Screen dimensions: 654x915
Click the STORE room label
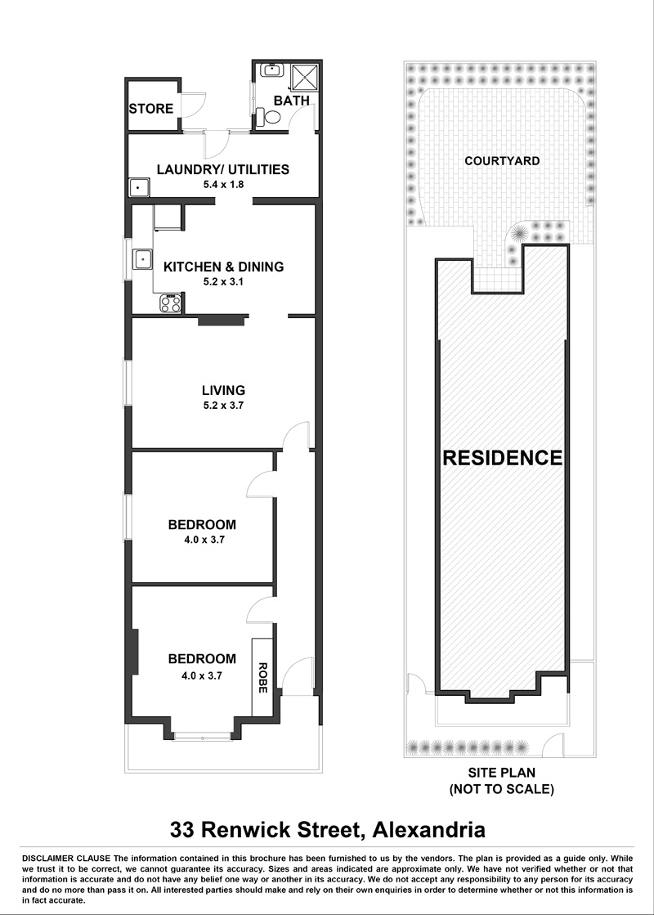point(151,109)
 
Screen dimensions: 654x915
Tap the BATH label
point(291,101)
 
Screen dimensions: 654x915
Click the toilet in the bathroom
point(268,118)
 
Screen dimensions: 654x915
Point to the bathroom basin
point(272,70)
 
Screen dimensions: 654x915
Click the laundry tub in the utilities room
point(138,188)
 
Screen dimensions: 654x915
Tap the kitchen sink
point(142,258)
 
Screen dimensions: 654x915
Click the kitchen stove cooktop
point(171,303)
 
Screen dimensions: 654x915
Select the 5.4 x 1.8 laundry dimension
point(223,185)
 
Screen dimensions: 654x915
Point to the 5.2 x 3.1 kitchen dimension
point(223,281)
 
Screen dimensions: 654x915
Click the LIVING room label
point(223,390)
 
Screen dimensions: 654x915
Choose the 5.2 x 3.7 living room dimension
point(223,405)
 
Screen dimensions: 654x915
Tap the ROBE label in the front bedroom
point(262,678)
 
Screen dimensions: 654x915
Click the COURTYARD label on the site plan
point(502,160)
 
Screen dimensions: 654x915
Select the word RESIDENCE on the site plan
point(502,458)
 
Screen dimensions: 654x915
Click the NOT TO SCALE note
point(502,790)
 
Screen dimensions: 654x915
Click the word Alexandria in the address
point(429,829)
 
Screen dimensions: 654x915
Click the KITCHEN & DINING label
point(223,267)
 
